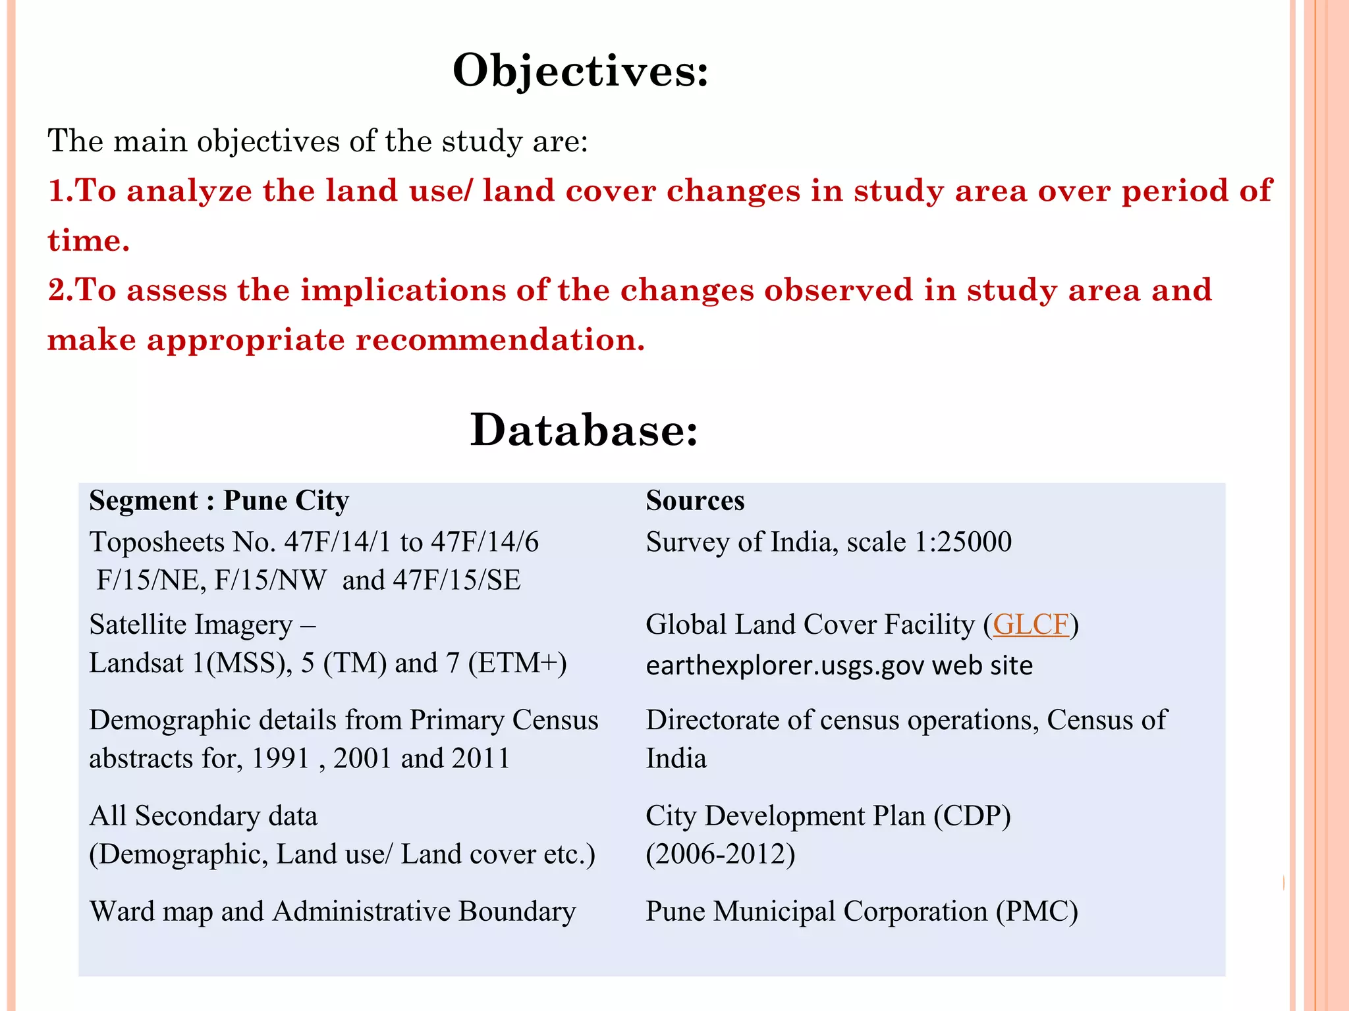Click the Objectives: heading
pos(580,70)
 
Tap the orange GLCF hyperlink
pos(1031,624)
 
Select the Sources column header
pos(695,501)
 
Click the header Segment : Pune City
pos(219,501)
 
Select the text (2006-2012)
pos(721,854)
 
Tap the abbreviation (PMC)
pos(1037,912)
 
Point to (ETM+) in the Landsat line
pos(517,663)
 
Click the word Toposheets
pos(157,542)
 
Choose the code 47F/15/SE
pos(456,581)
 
